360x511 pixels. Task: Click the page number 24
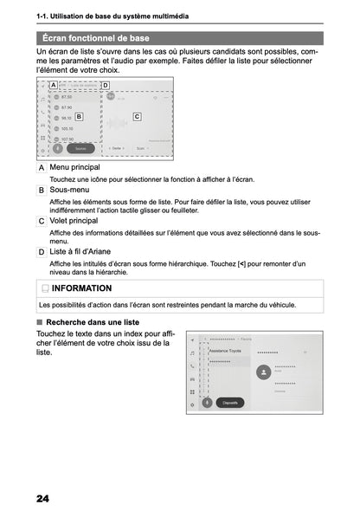pos(43,497)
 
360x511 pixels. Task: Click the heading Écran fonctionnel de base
pos(93,39)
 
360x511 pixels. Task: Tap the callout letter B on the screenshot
pos(79,115)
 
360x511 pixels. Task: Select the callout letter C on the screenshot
pos(137,115)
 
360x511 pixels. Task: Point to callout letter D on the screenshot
pos(105,85)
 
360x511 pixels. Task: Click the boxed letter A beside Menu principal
pos(42,167)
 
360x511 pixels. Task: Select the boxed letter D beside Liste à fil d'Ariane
pos(42,252)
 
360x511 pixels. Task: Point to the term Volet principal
pos(74,221)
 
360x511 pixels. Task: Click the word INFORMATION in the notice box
pos(81,288)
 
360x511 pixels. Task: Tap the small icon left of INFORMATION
pos(45,288)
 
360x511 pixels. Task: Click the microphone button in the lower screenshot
pos(207,402)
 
